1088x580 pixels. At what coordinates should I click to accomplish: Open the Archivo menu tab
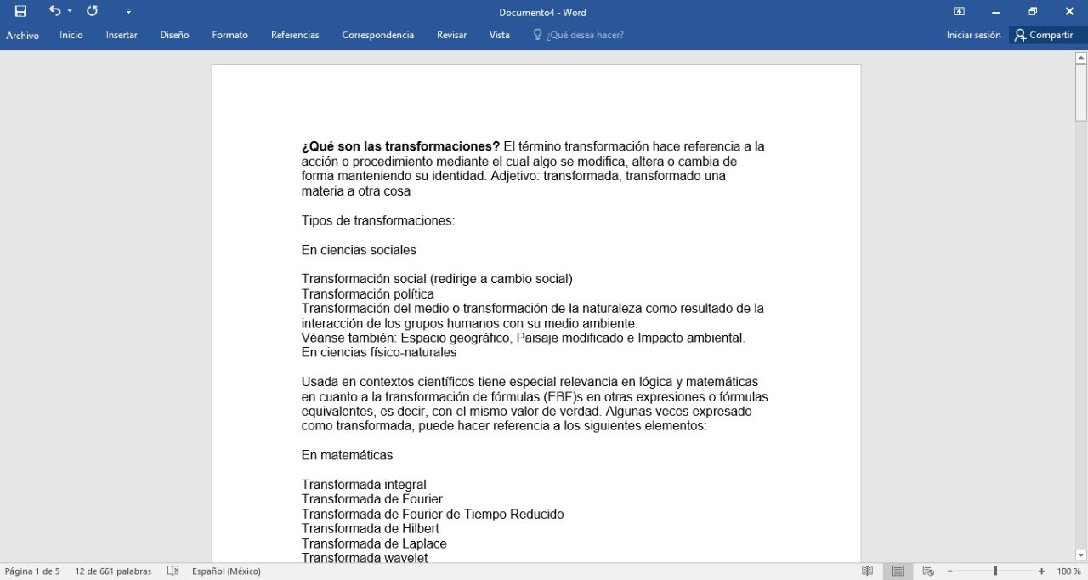22,36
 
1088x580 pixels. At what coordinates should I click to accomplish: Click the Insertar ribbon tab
122,35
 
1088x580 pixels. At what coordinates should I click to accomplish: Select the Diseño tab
174,35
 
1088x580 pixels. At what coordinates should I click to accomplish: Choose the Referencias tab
295,35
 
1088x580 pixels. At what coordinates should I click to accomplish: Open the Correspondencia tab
377,35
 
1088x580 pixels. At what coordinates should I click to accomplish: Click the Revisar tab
451,35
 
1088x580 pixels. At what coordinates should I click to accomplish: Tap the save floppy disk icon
20,12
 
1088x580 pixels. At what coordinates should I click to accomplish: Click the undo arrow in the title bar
54,11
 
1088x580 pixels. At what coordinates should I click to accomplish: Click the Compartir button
1044,35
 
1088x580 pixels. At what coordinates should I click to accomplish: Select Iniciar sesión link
973,35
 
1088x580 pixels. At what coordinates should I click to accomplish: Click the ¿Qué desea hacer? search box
585,35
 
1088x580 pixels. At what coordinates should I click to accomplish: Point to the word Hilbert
417,529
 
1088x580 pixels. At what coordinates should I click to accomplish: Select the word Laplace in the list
422,543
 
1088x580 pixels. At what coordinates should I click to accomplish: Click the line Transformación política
367,294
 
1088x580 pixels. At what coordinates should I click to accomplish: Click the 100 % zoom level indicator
1068,571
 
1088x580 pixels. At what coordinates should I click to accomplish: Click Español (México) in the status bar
226,571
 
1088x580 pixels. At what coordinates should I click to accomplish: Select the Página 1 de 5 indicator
32,571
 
